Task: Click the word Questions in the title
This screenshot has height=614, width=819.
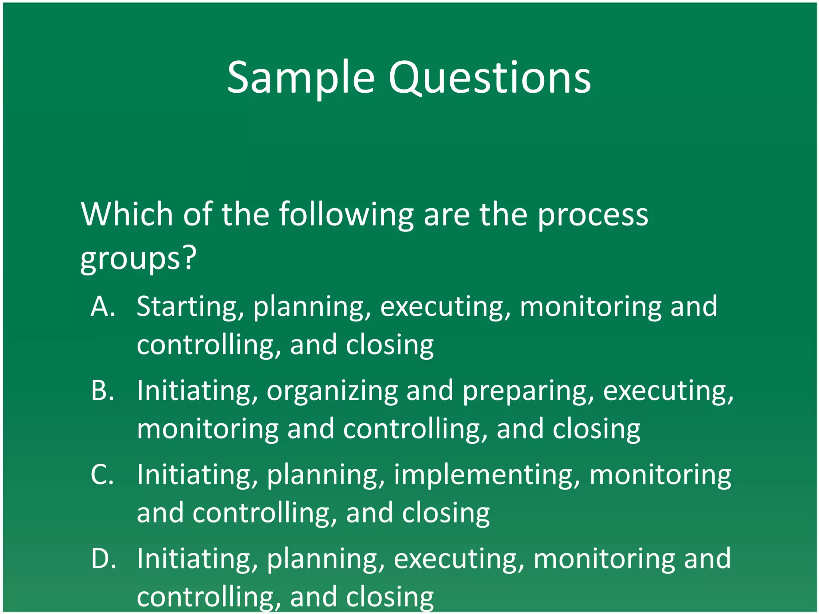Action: point(489,78)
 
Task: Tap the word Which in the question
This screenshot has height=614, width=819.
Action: point(127,214)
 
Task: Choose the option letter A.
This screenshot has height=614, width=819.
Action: point(103,307)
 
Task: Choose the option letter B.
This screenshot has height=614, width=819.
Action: point(102,391)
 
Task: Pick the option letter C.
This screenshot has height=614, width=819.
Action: point(102,474)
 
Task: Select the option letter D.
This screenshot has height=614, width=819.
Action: point(103,558)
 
